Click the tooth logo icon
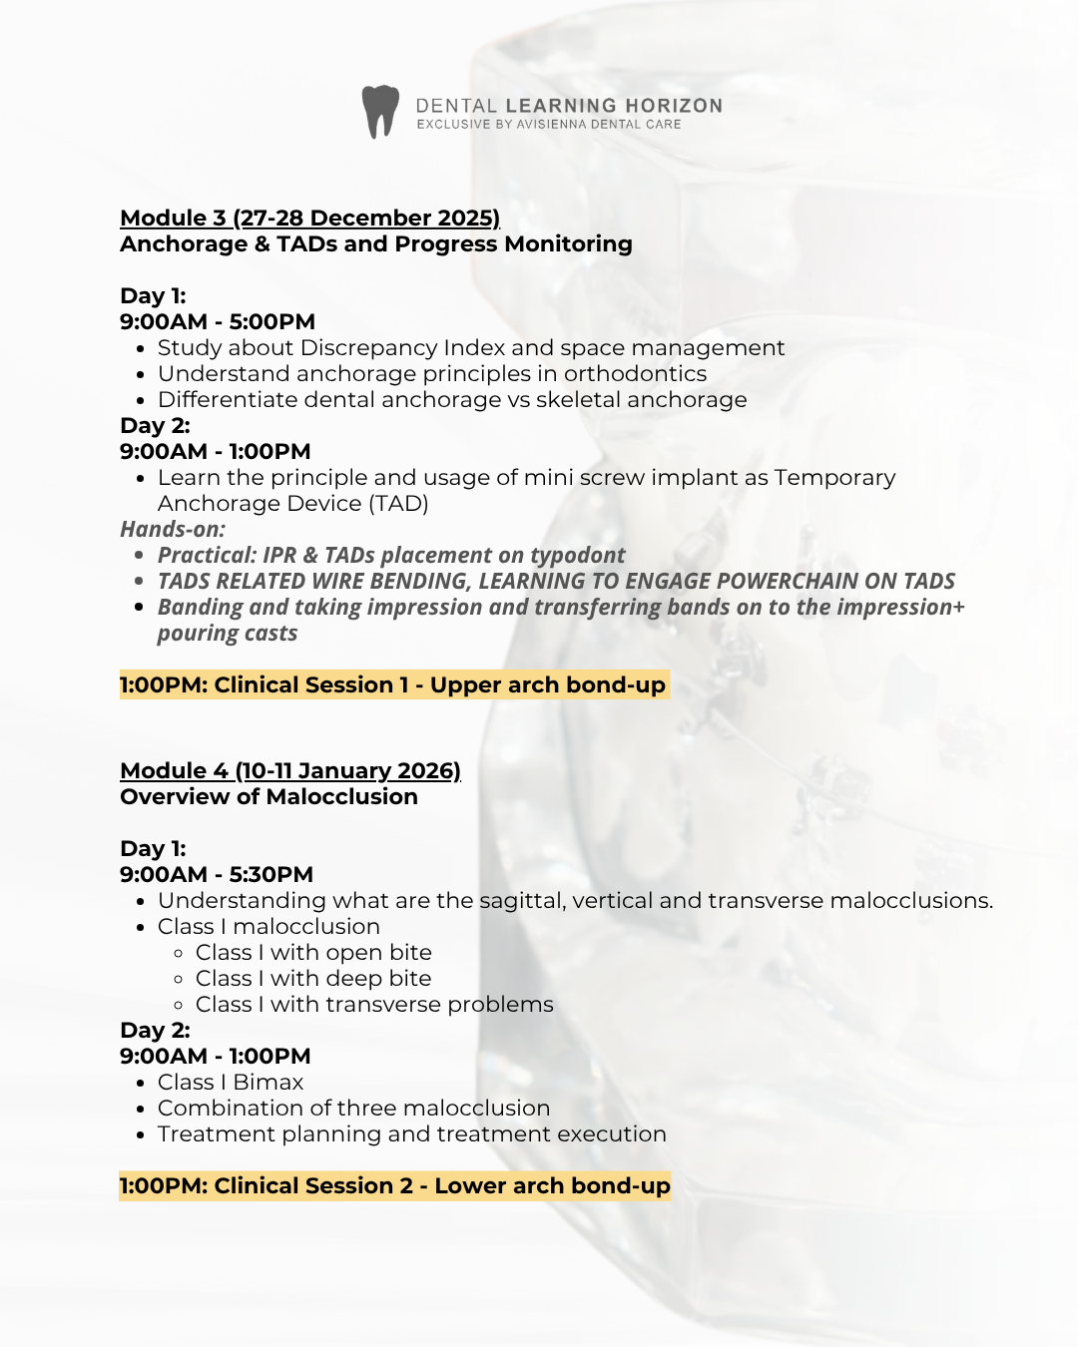380,111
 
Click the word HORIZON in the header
674,106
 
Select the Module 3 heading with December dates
309,218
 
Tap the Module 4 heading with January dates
289,770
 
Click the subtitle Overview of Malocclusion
269,796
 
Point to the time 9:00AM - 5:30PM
217,874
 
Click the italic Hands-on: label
173,529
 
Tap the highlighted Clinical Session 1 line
393,684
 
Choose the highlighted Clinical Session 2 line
395,1185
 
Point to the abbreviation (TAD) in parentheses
398,503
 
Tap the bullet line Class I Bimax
231,1082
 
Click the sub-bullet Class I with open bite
313,952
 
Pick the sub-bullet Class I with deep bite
313,978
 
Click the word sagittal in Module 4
521,900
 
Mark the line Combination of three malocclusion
353,1108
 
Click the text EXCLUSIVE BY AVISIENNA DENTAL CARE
549,125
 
